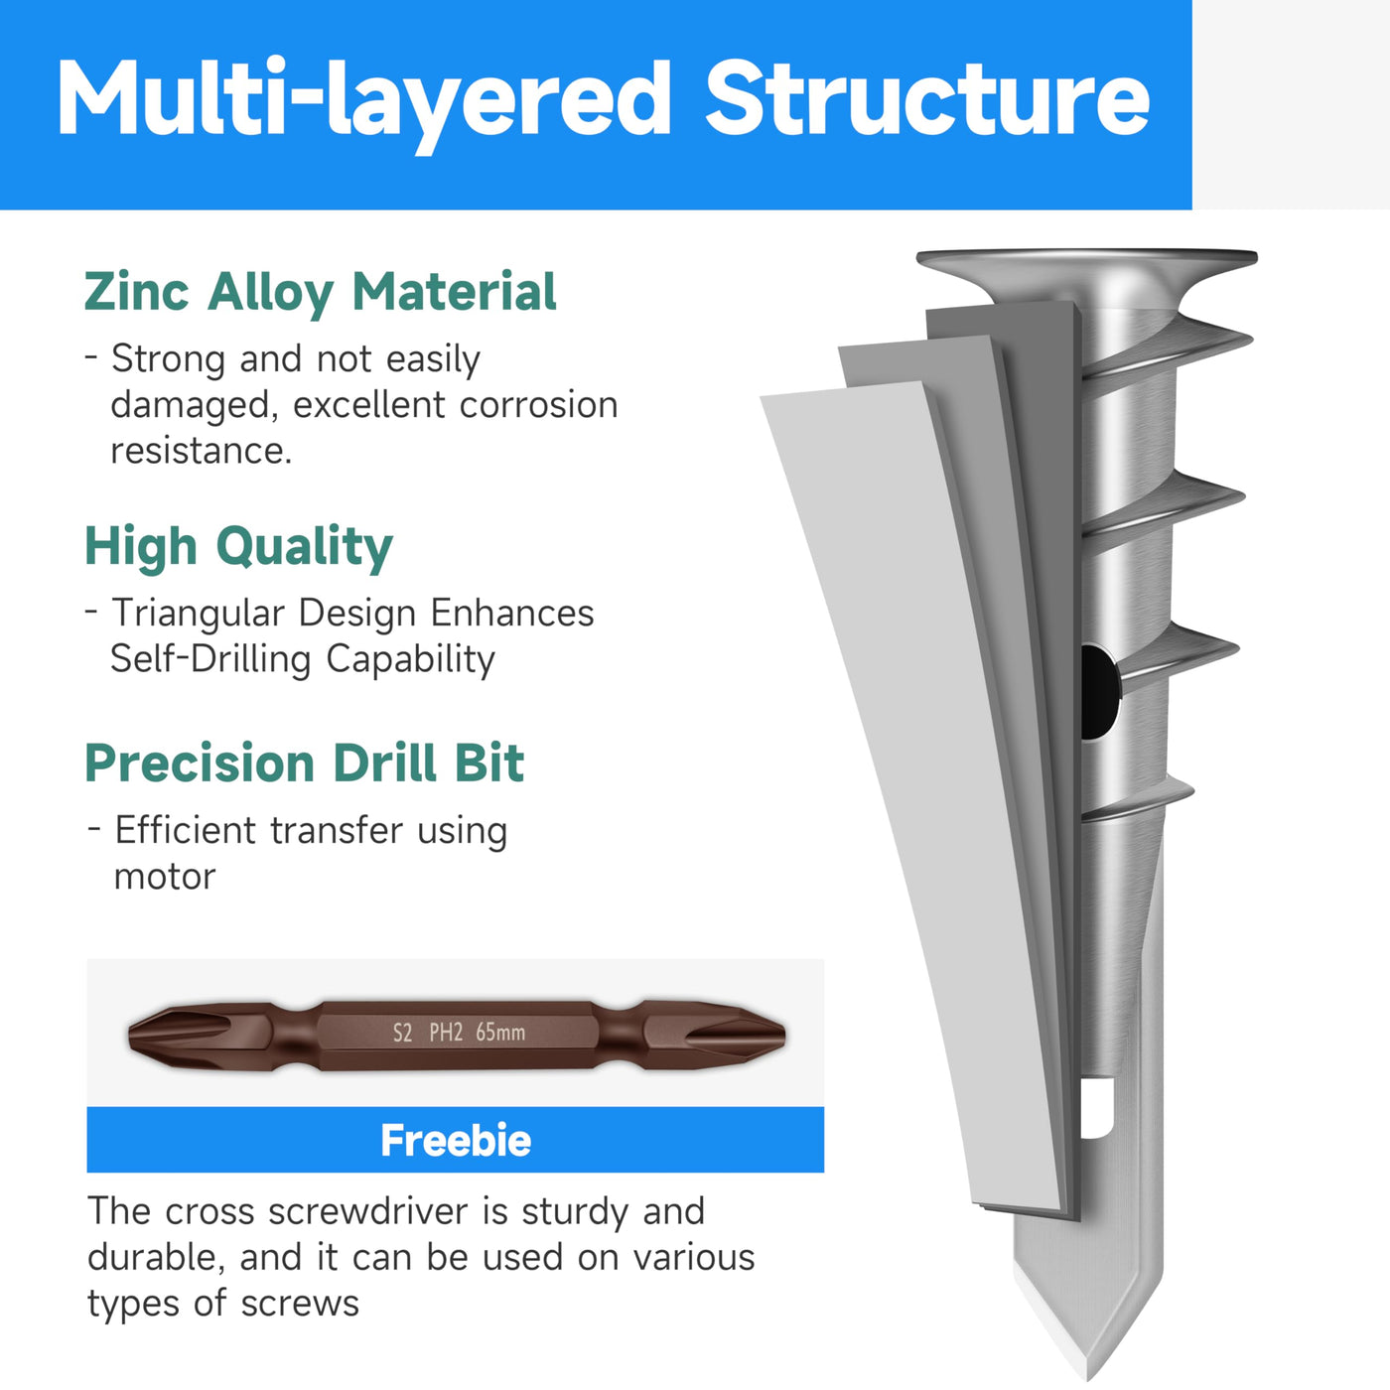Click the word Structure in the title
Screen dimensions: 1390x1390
click(x=927, y=98)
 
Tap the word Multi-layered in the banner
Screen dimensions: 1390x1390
click(x=364, y=104)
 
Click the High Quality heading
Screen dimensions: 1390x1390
click(x=238, y=547)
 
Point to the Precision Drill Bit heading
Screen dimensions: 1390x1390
click(x=305, y=763)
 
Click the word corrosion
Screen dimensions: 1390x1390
click(x=538, y=405)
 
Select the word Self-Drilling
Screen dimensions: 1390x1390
click(x=210, y=660)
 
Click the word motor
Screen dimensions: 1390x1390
click(x=165, y=878)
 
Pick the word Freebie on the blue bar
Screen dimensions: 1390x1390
click(x=455, y=1140)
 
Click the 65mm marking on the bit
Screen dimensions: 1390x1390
click(x=499, y=1033)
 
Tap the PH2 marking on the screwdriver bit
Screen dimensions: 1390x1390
click(x=446, y=1033)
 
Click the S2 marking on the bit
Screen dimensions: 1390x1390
click(x=402, y=1033)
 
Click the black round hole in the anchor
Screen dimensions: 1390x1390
click(x=1098, y=691)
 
